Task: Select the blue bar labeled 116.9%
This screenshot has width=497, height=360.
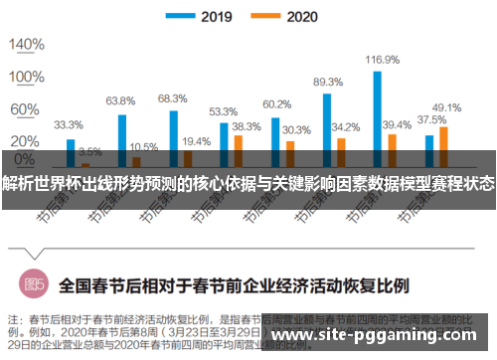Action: click(378, 109)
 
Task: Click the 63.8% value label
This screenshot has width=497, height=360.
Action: click(120, 101)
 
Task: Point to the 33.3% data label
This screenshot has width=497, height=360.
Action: click(68, 125)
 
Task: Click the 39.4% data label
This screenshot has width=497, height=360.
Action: click(397, 124)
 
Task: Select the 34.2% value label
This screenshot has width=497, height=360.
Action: click(345, 127)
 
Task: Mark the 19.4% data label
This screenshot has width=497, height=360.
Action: click(196, 141)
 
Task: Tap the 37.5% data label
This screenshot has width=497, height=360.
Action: click(430, 119)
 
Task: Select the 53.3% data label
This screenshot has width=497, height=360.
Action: click(223, 111)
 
